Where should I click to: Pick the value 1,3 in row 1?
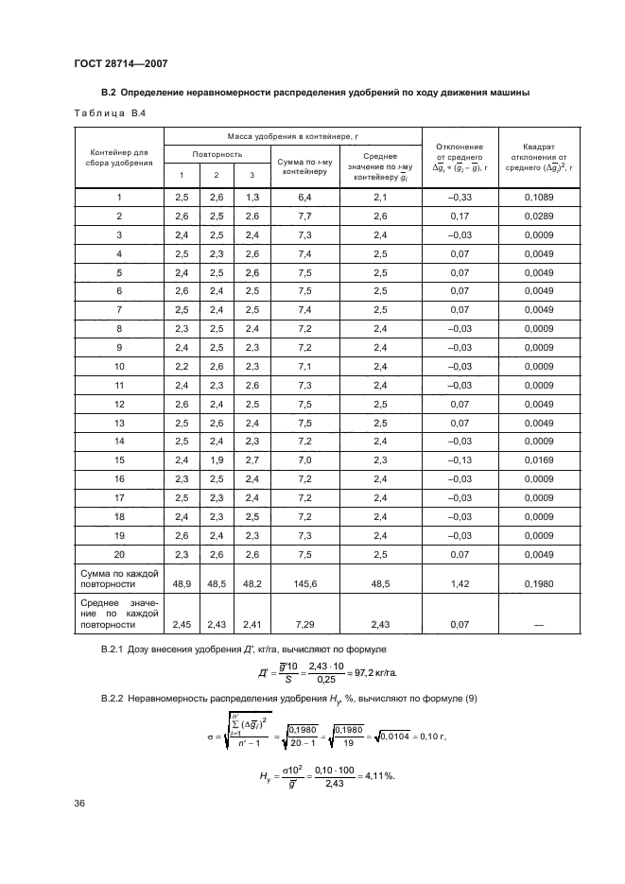click(252, 197)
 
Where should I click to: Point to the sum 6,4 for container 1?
click(304, 197)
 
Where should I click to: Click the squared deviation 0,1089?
click(537, 197)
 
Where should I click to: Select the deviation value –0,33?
click(459, 197)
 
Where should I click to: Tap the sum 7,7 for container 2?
click(304, 216)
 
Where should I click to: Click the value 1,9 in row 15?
click(217, 459)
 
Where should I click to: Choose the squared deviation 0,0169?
click(537, 459)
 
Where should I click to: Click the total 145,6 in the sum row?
click(304, 586)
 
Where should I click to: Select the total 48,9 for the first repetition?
click(182, 586)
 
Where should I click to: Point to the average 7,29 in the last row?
click(304, 625)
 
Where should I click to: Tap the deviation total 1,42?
click(459, 586)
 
